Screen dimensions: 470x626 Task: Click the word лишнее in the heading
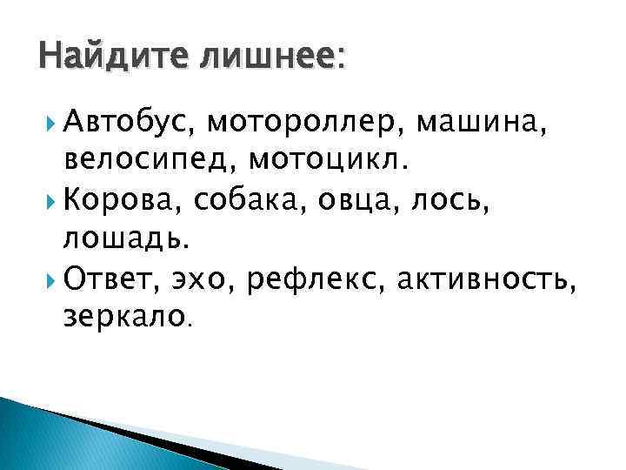(x=272, y=60)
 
